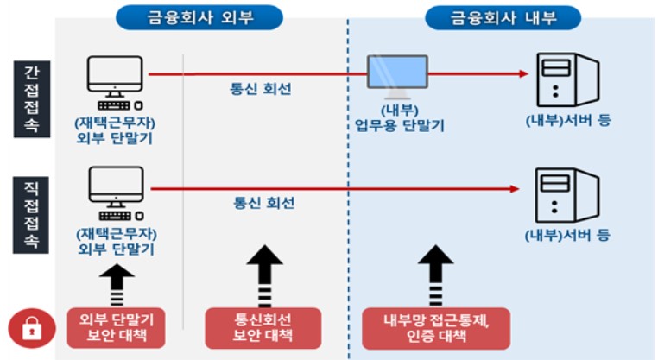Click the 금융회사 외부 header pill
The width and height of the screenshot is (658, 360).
tap(199, 17)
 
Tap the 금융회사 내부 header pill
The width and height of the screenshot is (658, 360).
tap(503, 17)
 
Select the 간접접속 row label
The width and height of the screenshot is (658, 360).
tap(32, 99)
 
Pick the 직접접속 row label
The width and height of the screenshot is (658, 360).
tap(31, 215)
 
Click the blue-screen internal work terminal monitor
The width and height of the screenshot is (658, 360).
tap(397, 76)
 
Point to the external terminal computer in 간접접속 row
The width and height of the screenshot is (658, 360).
tap(115, 83)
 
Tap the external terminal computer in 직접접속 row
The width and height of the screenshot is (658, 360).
tap(117, 193)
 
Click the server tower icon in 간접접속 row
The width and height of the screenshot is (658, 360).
tap(568, 79)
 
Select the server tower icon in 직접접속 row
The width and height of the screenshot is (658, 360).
tap(567, 195)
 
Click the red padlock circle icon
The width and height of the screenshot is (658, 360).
tap(32, 328)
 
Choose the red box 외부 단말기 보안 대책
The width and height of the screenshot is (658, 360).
tap(117, 328)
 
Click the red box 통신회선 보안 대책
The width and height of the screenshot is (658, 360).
tap(263, 328)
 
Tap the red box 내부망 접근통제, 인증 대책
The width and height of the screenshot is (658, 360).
tap(436, 328)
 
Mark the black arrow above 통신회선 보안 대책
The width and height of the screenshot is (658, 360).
tap(264, 275)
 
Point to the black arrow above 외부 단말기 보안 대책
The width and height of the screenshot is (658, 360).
tap(117, 285)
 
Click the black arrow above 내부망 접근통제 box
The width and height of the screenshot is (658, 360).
tap(435, 275)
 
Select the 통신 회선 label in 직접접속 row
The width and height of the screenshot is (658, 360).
tap(264, 203)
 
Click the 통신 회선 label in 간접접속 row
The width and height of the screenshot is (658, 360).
tap(261, 89)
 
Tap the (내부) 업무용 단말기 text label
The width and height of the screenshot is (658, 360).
tap(400, 118)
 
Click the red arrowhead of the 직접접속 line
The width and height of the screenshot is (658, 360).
tap(516, 189)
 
